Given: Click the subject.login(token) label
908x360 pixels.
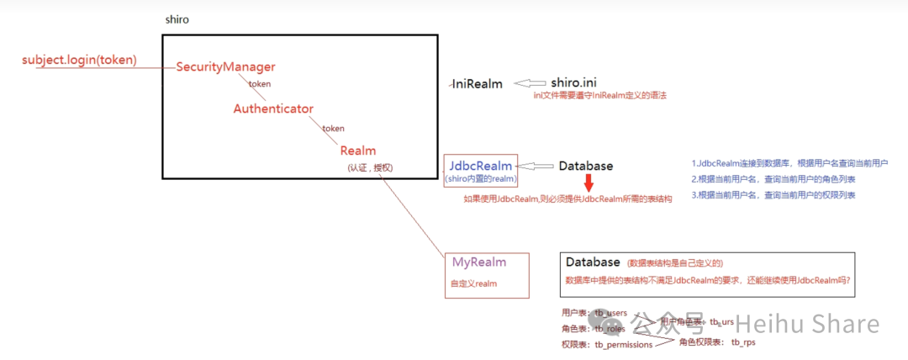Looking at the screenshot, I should [x=80, y=60].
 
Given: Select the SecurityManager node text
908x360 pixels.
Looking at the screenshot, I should [x=225, y=66].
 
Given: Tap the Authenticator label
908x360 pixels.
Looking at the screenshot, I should [x=273, y=109].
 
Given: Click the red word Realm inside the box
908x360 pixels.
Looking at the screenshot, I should [x=358, y=151].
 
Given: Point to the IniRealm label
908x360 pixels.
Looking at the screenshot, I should [x=477, y=83].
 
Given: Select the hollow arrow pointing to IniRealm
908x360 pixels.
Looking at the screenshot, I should [x=530, y=82].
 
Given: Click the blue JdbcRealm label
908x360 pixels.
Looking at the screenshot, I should [x=481, y=166].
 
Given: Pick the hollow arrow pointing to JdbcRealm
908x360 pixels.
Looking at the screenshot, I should [x=536, y=166].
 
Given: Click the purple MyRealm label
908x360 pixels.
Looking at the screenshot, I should [x=479, y=262].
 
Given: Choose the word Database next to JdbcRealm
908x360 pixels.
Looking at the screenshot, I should [x=585, y=166].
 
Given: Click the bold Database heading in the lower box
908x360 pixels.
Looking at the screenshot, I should [x=593, y=262].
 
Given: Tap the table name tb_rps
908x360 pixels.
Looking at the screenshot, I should [x=745, y=342].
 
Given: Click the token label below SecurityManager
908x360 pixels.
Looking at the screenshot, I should [x=259, y=84].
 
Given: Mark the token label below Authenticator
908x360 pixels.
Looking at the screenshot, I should [x=333, y=128].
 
